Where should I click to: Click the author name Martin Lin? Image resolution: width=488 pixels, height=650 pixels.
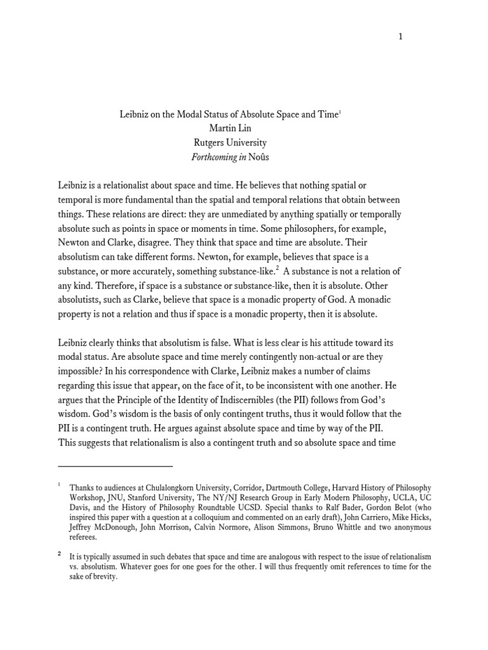tap(231, 129)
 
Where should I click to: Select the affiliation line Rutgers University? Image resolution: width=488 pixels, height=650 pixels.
tap(231, 143)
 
